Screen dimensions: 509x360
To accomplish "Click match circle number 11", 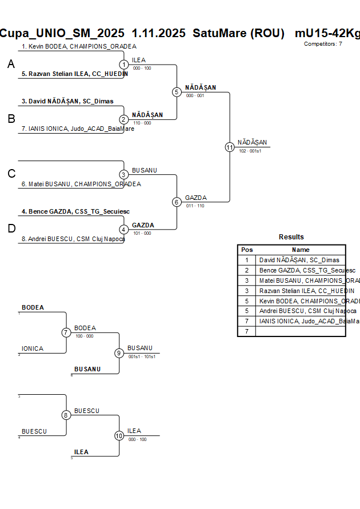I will click(230, 147).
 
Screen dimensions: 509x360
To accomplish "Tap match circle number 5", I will click(177, 91).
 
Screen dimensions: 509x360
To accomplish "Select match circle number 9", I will click(119, 353).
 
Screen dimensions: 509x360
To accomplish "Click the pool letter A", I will click(11, 65).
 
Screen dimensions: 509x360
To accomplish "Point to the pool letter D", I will click(11, 229).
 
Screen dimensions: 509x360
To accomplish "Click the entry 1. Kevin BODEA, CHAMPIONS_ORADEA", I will click(79, 46).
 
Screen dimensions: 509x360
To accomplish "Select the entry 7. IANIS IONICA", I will click(78, 129).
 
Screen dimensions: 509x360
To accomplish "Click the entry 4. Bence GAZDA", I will click(75, 211).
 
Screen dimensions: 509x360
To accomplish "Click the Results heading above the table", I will click(291, 237).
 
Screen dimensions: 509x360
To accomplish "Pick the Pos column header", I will click(247, 250).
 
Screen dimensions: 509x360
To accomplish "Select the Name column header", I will click(301, 250).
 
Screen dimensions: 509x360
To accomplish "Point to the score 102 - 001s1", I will click(250, 151).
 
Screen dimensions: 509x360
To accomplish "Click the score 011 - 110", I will click(194, 206).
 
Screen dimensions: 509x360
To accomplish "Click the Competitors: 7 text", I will click(323, 43).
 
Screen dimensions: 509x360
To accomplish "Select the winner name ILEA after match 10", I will click(134, 431).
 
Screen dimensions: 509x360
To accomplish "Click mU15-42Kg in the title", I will click(327, 33).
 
